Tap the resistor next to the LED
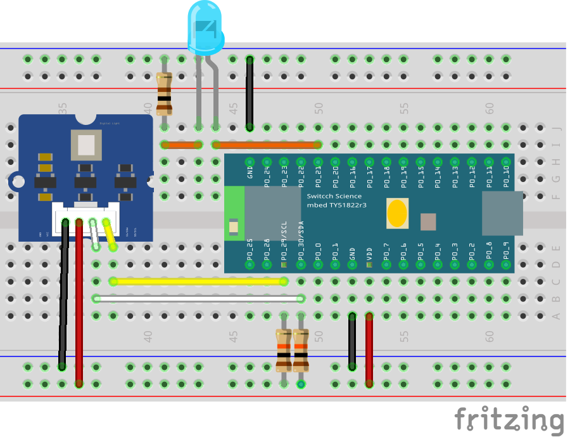[x=164, y=94]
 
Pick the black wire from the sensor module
[x=63, y=298]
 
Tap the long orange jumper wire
[x=267, y=145]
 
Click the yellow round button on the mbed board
[x=396, y=213]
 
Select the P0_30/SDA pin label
[x=301, y=241]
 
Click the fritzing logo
[x=509, y=421]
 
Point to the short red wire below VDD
[x=369, y=349]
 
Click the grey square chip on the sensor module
[x=86, y=145]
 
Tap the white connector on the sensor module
[x=86, y=219]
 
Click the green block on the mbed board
[x=234, y=213]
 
